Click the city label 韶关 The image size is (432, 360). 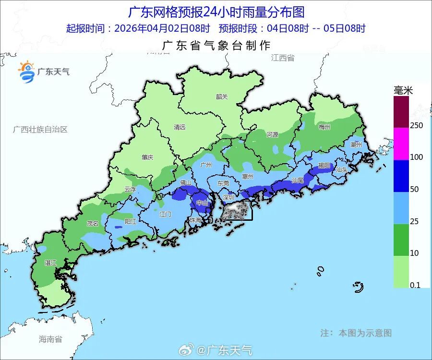222,96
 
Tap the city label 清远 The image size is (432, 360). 180,127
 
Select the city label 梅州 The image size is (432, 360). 324,127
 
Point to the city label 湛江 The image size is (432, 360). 50,263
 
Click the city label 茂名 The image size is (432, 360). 92,223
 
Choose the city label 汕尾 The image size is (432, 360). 298,180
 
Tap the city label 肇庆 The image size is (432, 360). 147,157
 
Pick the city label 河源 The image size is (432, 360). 272,135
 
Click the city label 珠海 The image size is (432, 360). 195,220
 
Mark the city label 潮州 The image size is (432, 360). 356,144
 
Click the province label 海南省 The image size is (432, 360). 50,339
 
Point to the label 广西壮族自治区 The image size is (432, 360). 40,130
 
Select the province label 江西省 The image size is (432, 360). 282,58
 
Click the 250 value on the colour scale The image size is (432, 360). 416,125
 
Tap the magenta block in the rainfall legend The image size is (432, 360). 401,144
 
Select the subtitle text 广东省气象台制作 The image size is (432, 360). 216,46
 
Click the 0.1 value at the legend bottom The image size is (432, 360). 415,285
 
